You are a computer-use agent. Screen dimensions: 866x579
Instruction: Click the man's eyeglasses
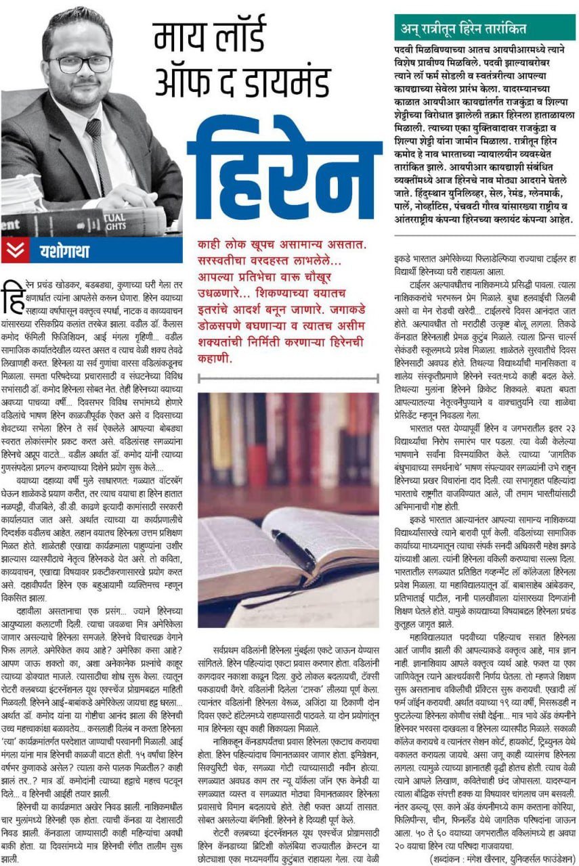[72, 63]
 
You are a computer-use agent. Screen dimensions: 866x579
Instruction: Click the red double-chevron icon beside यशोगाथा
[14, 251]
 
